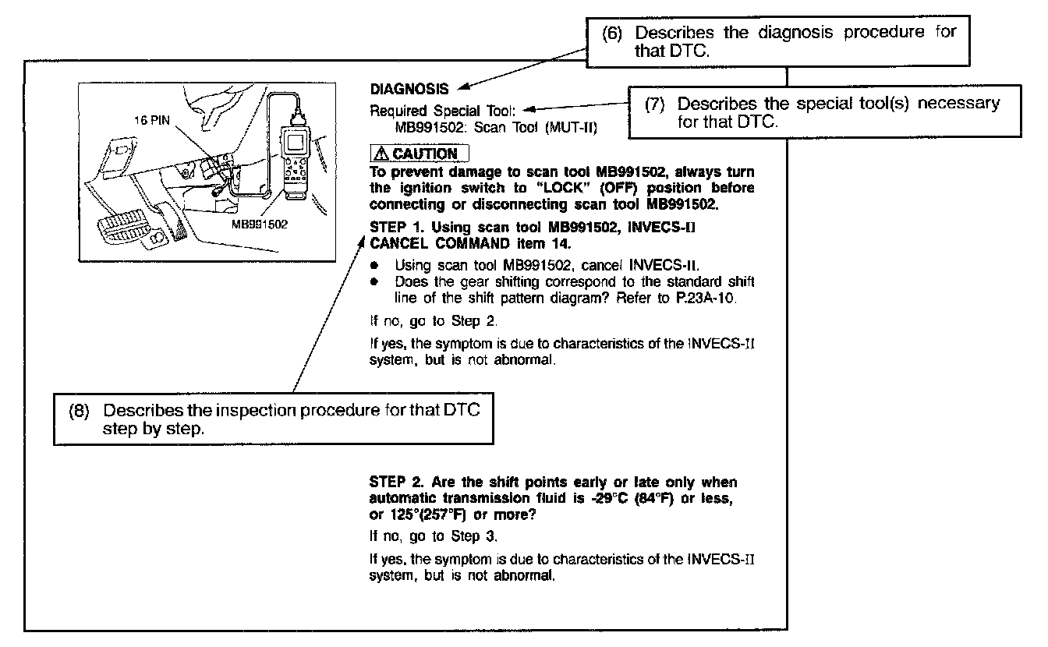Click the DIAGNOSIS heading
[x=409, y=90]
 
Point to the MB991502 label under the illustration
[x=260, y=225]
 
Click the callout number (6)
[x=613, y=34]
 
